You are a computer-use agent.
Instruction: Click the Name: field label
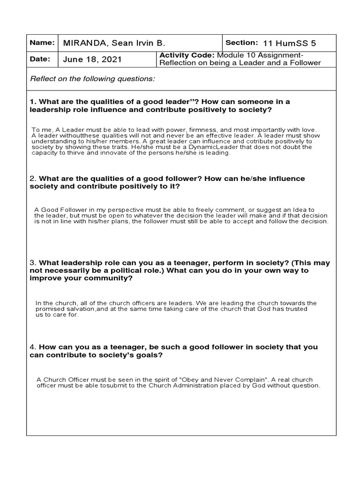click(42, 43)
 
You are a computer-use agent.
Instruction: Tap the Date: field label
click(40, 60)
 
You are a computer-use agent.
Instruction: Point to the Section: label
click(242, 43)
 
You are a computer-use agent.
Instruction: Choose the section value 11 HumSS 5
click(290, 43)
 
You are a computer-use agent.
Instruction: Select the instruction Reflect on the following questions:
click(92, 79)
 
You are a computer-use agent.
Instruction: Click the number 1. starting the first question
click(33, 102)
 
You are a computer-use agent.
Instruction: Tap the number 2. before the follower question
click(33, 179)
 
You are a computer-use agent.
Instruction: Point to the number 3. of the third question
click(33, 263)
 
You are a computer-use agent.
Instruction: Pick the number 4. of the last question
click(33, 347)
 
